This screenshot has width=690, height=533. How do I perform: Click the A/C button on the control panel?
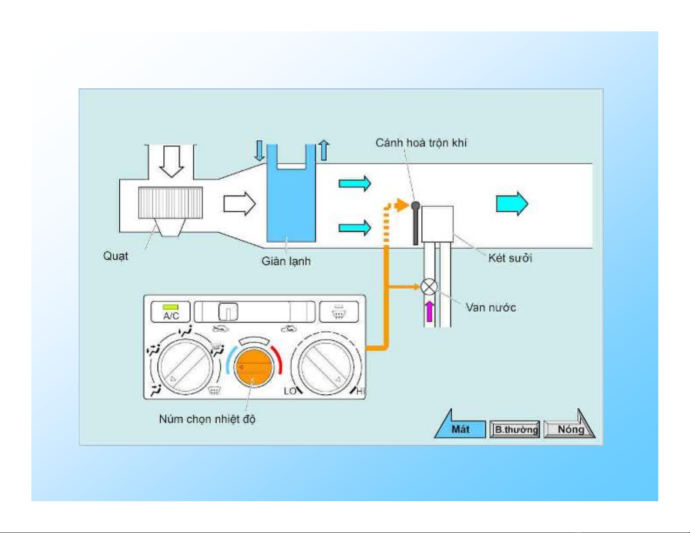click(171, 312)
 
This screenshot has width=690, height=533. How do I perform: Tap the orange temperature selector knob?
click(253, 367)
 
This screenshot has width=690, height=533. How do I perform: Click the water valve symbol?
click(429, 287)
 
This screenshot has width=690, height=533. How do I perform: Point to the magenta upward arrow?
click(429, 311)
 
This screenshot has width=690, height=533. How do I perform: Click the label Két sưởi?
click(510, 258)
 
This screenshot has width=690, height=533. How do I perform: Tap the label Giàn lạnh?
click(286, 261)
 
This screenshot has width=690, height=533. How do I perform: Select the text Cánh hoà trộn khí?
click(421, 143)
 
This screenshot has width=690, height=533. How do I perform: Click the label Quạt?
click(116, 255)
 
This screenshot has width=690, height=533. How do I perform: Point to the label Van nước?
click(491, 308)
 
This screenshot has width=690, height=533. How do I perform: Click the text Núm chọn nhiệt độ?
click(207, 419)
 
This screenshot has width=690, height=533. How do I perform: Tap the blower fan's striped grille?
click(170, 203)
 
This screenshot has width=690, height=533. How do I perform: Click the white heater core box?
click(438, 224)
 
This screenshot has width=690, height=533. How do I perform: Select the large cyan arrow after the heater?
click(512, 203)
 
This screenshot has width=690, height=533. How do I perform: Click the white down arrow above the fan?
click(172, 161)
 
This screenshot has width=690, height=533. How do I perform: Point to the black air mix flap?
click(416, 224)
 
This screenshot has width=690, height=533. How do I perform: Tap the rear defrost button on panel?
click(339, 312)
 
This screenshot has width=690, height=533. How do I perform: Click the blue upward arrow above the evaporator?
click(324, 151)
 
